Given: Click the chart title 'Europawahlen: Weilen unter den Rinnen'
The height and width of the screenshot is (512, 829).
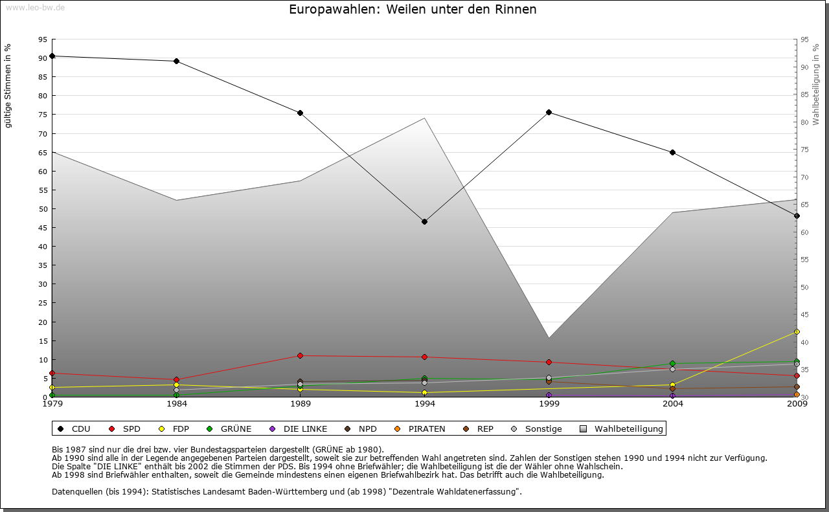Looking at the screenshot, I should [413, 10].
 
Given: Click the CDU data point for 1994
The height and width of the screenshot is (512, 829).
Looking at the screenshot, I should [424, 221].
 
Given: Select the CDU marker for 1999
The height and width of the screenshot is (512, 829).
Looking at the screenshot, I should [549, 112].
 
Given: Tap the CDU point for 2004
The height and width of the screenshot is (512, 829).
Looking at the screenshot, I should [672, 152].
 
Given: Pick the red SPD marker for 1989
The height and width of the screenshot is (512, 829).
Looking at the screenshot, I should [300, 355].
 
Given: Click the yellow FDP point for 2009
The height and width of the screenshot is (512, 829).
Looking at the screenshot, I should [797, 331].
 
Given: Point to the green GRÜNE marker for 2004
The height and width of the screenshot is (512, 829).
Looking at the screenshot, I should [672, 364].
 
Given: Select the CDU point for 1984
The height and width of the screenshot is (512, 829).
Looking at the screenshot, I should [176, 61].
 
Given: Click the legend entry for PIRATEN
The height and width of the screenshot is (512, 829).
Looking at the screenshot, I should [426, 429].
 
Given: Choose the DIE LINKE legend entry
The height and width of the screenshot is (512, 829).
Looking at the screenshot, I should [304, 429].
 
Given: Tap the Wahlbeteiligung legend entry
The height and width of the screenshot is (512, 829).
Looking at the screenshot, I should [628, 429].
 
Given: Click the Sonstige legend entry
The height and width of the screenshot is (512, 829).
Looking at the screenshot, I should [543, 429].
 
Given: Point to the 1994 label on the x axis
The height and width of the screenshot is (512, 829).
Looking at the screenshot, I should [424, 404].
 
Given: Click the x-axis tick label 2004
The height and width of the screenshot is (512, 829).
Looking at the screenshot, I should [672, 404].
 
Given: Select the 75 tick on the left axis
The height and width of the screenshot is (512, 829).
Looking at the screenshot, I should [42, 115].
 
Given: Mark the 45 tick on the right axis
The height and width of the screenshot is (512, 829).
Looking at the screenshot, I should [804, 315].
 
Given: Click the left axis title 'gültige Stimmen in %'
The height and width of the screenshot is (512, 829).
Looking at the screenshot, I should [8, 85].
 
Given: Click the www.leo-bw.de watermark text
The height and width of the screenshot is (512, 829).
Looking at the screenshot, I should [35, 7].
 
